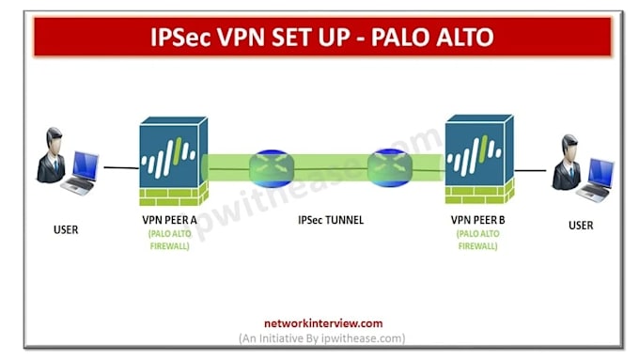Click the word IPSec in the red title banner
point(181,37)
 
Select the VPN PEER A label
point(169,220)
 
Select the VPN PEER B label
point(477,220)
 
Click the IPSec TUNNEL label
point(331,220)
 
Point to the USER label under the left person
point(66,230)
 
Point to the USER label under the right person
point(581,226)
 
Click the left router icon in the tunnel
point(272,168)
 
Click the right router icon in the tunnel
point(390,167)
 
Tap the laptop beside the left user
point(82,173)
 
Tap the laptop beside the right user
point(597,180)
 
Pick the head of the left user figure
point(54,138)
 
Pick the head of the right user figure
point(569,146)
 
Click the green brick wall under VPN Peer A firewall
point(174,196)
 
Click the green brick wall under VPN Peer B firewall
point(479,193)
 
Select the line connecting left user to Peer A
point(121,167)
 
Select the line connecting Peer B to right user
point(530,170)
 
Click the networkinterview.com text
point(323,323)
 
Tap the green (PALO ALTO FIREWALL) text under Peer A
point(169,240)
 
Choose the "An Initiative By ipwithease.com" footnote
point(322,338)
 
